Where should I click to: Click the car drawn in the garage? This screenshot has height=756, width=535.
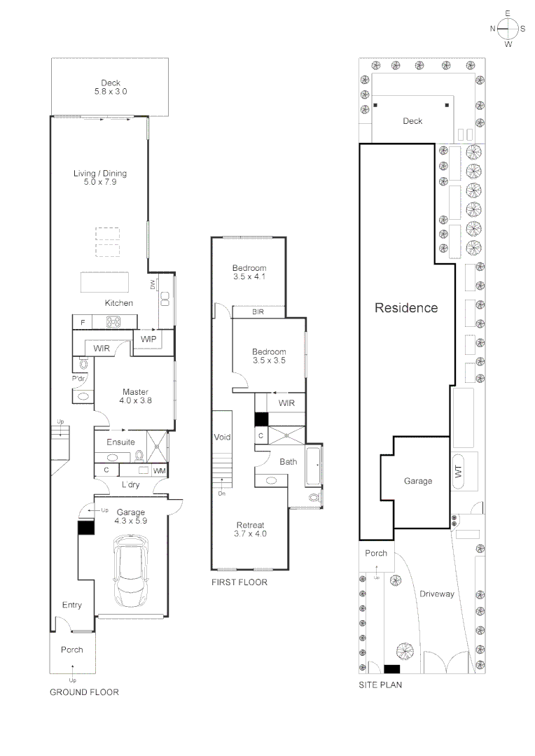pyautogui.click(x=131, y=570)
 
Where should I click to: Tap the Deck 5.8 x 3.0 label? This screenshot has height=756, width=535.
pyautogui.click(x=111, y=87)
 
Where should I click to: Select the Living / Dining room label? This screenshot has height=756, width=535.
pyautogui.click(x=100, y=178)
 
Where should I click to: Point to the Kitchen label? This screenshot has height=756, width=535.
pyautogui.click(x=119, y=303)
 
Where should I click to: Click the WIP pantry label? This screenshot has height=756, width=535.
pyautogui.click(x=148, y=339)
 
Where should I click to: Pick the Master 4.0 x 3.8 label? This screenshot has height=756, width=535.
pyautogui.click(x=135, y=396)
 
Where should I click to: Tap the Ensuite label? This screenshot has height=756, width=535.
pyautogui.click(x=120, y=442)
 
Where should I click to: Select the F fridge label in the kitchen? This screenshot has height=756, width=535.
pyautogui.click(x=83, y=323)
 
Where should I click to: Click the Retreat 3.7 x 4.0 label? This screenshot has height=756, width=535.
pyautogui.click(x=250, y=529)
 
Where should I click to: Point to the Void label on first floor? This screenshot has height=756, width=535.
pyautogui.click(x=222, y=437)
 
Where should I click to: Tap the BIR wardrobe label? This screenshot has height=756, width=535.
pyautogui.click(x=258, y=311)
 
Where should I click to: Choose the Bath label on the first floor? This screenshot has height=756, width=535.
pyautogui.click(x=288, y=462)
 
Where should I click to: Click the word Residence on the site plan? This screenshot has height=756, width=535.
pyautogui.click(x=406, y=308)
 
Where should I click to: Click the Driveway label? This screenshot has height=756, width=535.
pyautogui.click(x=437, y=594)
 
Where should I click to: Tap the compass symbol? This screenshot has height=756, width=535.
pyautogui.click(x=508, y=28)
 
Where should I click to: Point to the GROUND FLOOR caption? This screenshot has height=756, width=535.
pyautogui.click(x=84, y=692)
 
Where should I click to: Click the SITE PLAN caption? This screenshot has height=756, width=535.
pyautogui.click(x=380, y=685)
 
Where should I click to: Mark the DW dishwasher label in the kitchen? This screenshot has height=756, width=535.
pyautogui.click(x=152, y=284)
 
